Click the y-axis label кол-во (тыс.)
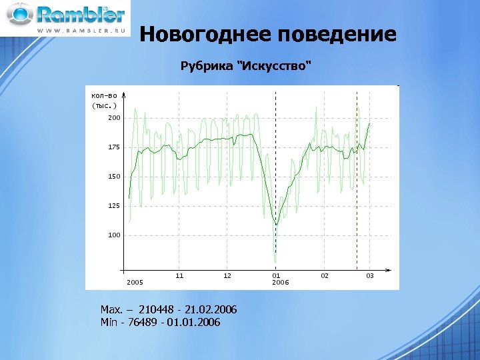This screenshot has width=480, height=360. click(x=104, y=101)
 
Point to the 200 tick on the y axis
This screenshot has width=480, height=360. click(x=115, y=118)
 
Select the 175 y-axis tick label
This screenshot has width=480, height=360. click(x=115, y=147)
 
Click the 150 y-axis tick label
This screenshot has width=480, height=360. click(x=115, y=177)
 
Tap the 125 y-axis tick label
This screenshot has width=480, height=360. click(x=115, y=206)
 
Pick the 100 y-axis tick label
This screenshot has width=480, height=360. click(x=115, y=235)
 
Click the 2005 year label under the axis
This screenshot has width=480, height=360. click(x=135, y=283)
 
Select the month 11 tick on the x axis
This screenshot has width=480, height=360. click(x=179, y=275)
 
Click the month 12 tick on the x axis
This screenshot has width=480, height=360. click(x=227, y=275)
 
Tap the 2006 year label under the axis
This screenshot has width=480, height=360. click(x=280, y=283)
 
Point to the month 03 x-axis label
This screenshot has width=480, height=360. click(x=370, y=275)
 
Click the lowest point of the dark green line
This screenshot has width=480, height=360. click(x=276, y=225)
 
